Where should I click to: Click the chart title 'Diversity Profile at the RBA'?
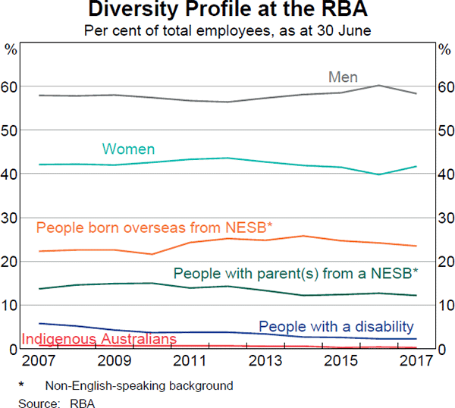[x=227, y=11]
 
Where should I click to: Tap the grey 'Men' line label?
[x=343, y=77]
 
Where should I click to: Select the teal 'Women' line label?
[x=128, y=149]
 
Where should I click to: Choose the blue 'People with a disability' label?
[x=337, y=326]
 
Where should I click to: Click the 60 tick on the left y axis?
[x=11, y=87]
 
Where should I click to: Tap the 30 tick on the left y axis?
[x=11, y=218]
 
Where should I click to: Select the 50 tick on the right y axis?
[x=444, y=131]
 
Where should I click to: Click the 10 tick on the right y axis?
[x=444, y=306]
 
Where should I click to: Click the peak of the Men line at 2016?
[x=379, y=86]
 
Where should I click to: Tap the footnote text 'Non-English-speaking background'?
[x=139, y=384]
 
